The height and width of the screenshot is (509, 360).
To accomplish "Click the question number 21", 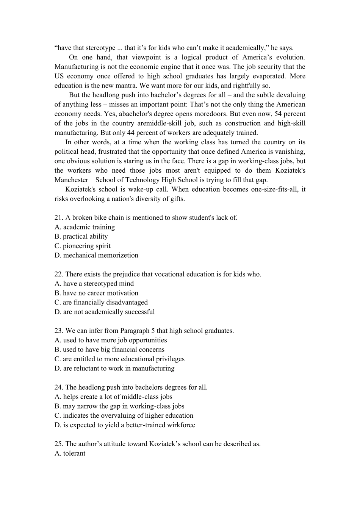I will pyautogui.click(x=59, y=218).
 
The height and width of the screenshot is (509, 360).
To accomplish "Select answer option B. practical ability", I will pyautogui.click(x=81, y=237).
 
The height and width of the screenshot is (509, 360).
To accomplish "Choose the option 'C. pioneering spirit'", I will pyautogui.click(x=83, y=246).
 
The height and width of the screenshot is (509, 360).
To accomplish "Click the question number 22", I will pyautogui.click(x=59, y=274).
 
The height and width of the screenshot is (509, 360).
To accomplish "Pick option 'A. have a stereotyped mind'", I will pyautogui.click(x=94, y=284).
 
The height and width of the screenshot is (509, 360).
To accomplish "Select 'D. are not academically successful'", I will pyautogui.click(x=105, y=312).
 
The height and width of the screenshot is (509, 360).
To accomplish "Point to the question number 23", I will pyautogui.click(x=59, y=331).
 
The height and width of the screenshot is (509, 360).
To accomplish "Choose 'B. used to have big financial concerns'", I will pyautogui.click(x=110, y=350).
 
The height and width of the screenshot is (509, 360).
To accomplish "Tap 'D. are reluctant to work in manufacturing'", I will pyautogui.click(x=114, y=368).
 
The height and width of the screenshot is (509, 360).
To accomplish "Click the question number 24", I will pyautogui.click(x=59, y=387).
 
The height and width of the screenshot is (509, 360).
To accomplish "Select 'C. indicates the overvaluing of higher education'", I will pyautogui.click(x=124, y=416).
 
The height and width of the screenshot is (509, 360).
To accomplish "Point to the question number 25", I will pyautogui.click(x=59, y=444).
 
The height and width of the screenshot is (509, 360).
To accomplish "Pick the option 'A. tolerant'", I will pyautogui.click(x=70, y=453).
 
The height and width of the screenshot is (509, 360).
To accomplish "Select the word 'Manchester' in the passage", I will pyautogui.click(x=71, y=180).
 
